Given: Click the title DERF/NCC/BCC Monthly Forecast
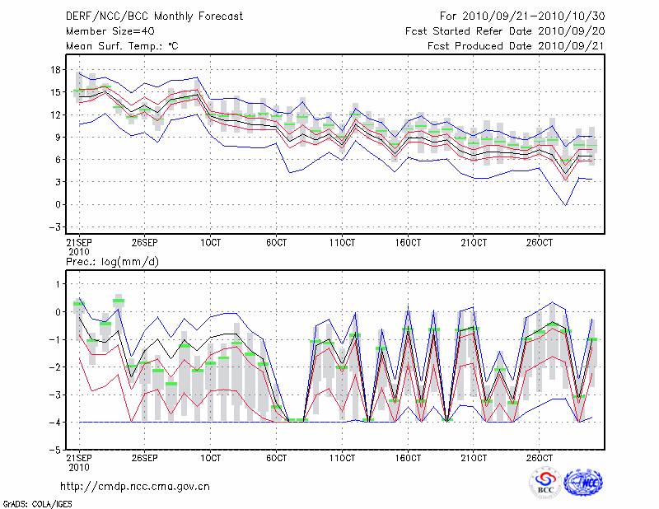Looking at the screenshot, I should [154, 16].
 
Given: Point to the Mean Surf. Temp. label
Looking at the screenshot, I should [122, 46].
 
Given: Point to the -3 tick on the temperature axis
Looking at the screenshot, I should [55, 226].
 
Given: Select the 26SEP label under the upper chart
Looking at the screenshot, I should [145, 243].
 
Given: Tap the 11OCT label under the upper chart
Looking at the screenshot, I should [343, 243].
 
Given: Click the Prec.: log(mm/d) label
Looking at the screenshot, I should [111, 261].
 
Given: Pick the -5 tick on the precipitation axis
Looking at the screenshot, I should [55, 450].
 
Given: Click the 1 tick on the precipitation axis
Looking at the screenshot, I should [58, 283].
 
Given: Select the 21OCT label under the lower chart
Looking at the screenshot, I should [474, 457].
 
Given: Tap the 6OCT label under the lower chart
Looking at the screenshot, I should [277, 457].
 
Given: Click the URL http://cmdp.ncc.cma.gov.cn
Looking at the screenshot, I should [135, 486].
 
